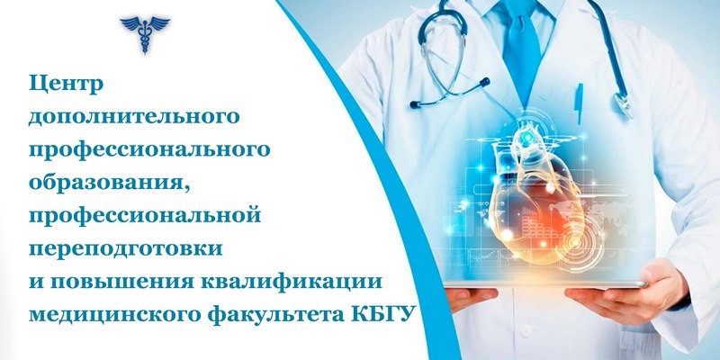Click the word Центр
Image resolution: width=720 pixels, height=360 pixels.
coord(66,85)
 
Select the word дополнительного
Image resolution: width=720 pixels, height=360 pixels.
coord(134,117)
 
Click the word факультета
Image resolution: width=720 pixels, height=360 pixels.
coord(275,315)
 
